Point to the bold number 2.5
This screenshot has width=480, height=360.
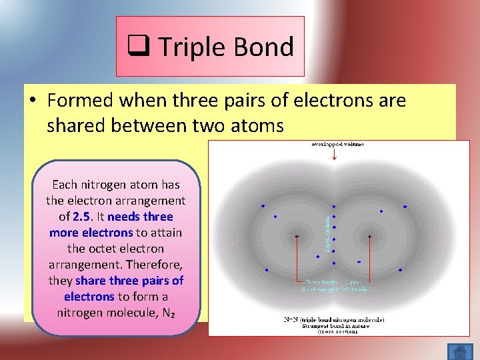tap(87, 217)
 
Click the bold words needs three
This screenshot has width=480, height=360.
tap(139, 217)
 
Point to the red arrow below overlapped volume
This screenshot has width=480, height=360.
tap(334, 156)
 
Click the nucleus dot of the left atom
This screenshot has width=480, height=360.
tap(297, 236)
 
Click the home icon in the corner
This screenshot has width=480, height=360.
tap(459, 350)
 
